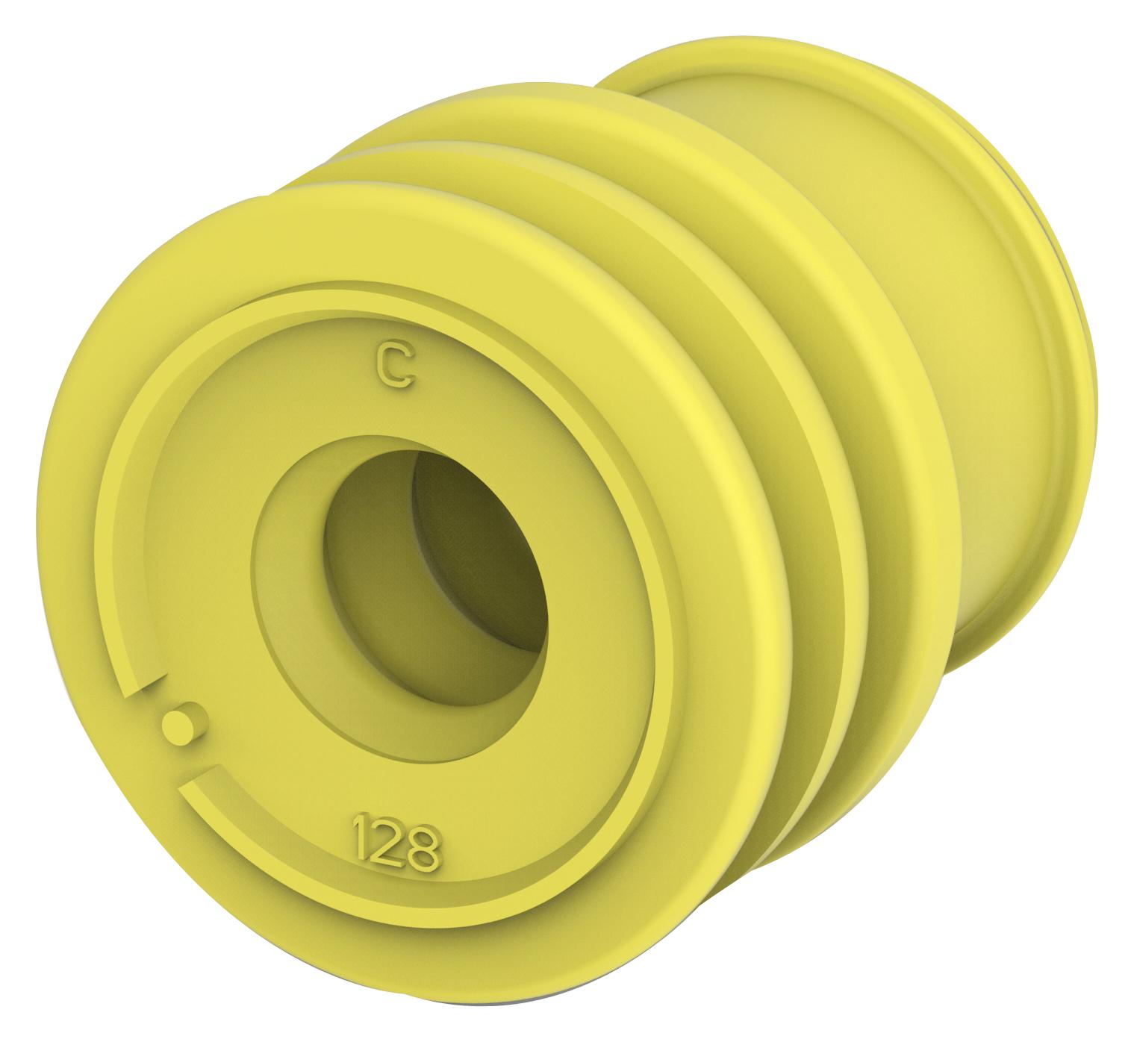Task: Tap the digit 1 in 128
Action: [363, 829]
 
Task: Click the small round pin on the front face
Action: [179, 722]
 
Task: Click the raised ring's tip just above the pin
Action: [142, 683]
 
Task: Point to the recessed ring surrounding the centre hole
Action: [299, 597]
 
